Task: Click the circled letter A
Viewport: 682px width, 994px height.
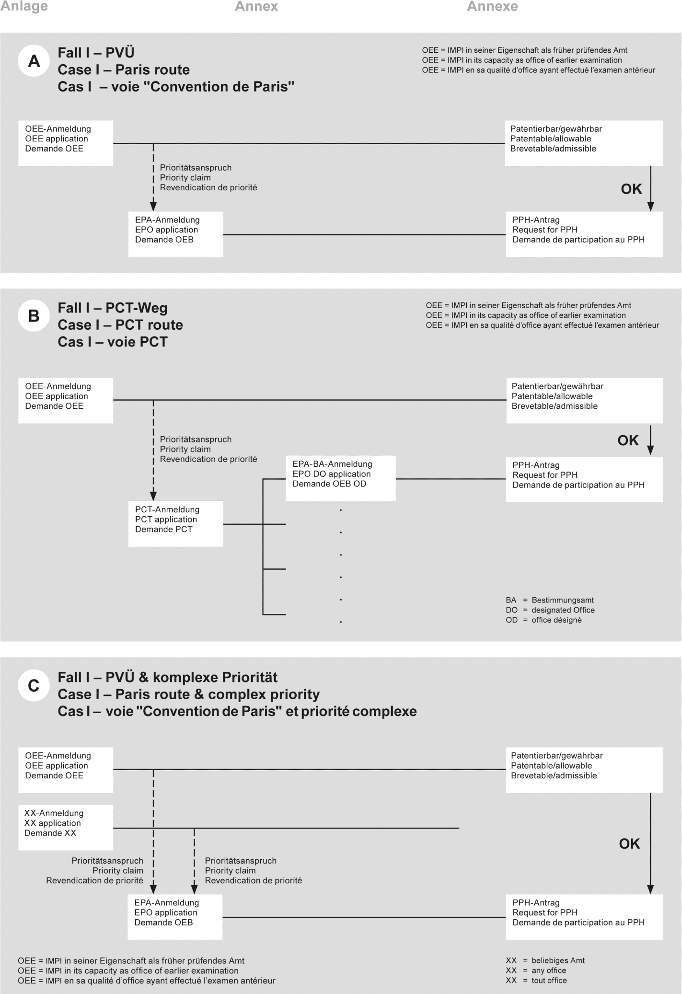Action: coord(34,61)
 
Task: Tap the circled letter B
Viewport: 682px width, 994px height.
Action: coord(34,316)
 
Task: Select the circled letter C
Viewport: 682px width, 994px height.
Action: coord(34,686)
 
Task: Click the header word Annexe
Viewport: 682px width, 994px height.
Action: coord(492,7)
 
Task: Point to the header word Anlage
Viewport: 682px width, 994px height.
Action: coord(24,7)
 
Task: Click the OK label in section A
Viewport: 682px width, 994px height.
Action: coord(631,189)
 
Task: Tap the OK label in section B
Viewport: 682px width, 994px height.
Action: coord(628,440)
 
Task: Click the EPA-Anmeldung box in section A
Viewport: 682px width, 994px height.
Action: coord(175,234)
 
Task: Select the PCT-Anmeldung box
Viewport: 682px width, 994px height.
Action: coord(175,523)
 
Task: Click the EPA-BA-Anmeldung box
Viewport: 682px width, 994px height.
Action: coord(340,478)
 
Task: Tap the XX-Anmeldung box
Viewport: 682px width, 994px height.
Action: coord(66,827)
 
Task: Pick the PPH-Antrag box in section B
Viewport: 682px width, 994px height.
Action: coord(584,479)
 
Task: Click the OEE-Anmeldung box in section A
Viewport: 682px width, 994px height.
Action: coord(66,143)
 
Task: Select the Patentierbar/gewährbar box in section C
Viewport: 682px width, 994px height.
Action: coord(584,769)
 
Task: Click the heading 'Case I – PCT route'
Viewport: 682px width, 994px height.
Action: coord(120,325)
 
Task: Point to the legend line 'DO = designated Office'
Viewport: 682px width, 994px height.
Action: coord(550,610)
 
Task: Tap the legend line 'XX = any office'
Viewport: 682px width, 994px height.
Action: coord(536,970)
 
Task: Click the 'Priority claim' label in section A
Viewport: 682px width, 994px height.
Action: coord(185,178)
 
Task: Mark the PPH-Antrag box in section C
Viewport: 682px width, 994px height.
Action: coord(584,916)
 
